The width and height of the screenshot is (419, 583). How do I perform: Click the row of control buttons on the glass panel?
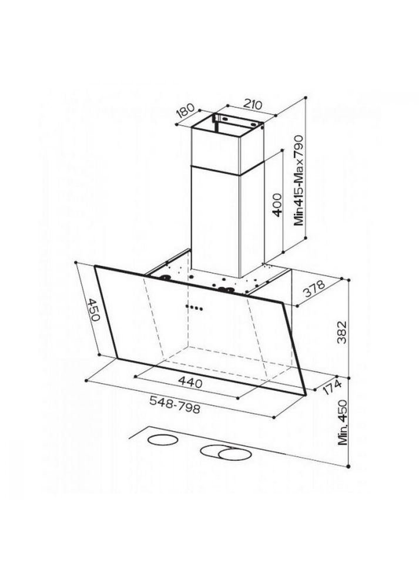(193, 307)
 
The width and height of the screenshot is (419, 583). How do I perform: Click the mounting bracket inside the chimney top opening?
(235, 123)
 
